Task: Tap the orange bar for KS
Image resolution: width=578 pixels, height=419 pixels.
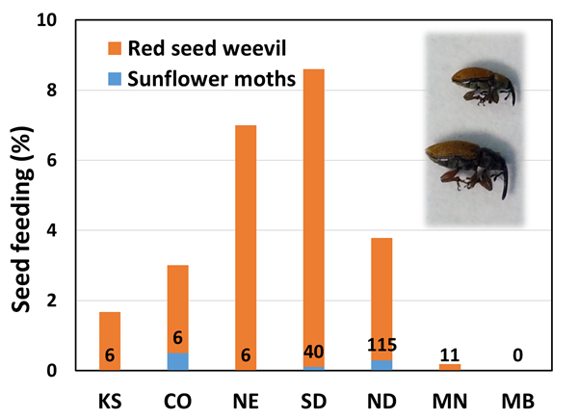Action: (110, 332)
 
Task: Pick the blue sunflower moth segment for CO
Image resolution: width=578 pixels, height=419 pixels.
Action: (177, 361)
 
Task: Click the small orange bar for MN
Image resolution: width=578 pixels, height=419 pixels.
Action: (450, 367)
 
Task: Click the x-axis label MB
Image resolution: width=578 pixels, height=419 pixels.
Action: (518, 398)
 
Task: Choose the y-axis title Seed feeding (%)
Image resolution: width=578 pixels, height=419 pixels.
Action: (22, 193)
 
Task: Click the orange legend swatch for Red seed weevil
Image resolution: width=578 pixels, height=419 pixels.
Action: (114, 47)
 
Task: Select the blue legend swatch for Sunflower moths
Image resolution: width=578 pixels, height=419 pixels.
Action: (114, 79)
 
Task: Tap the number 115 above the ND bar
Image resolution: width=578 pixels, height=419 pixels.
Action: (381, 345)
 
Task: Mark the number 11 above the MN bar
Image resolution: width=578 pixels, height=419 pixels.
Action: (450, 354)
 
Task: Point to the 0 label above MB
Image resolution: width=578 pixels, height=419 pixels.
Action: (518, 354)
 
